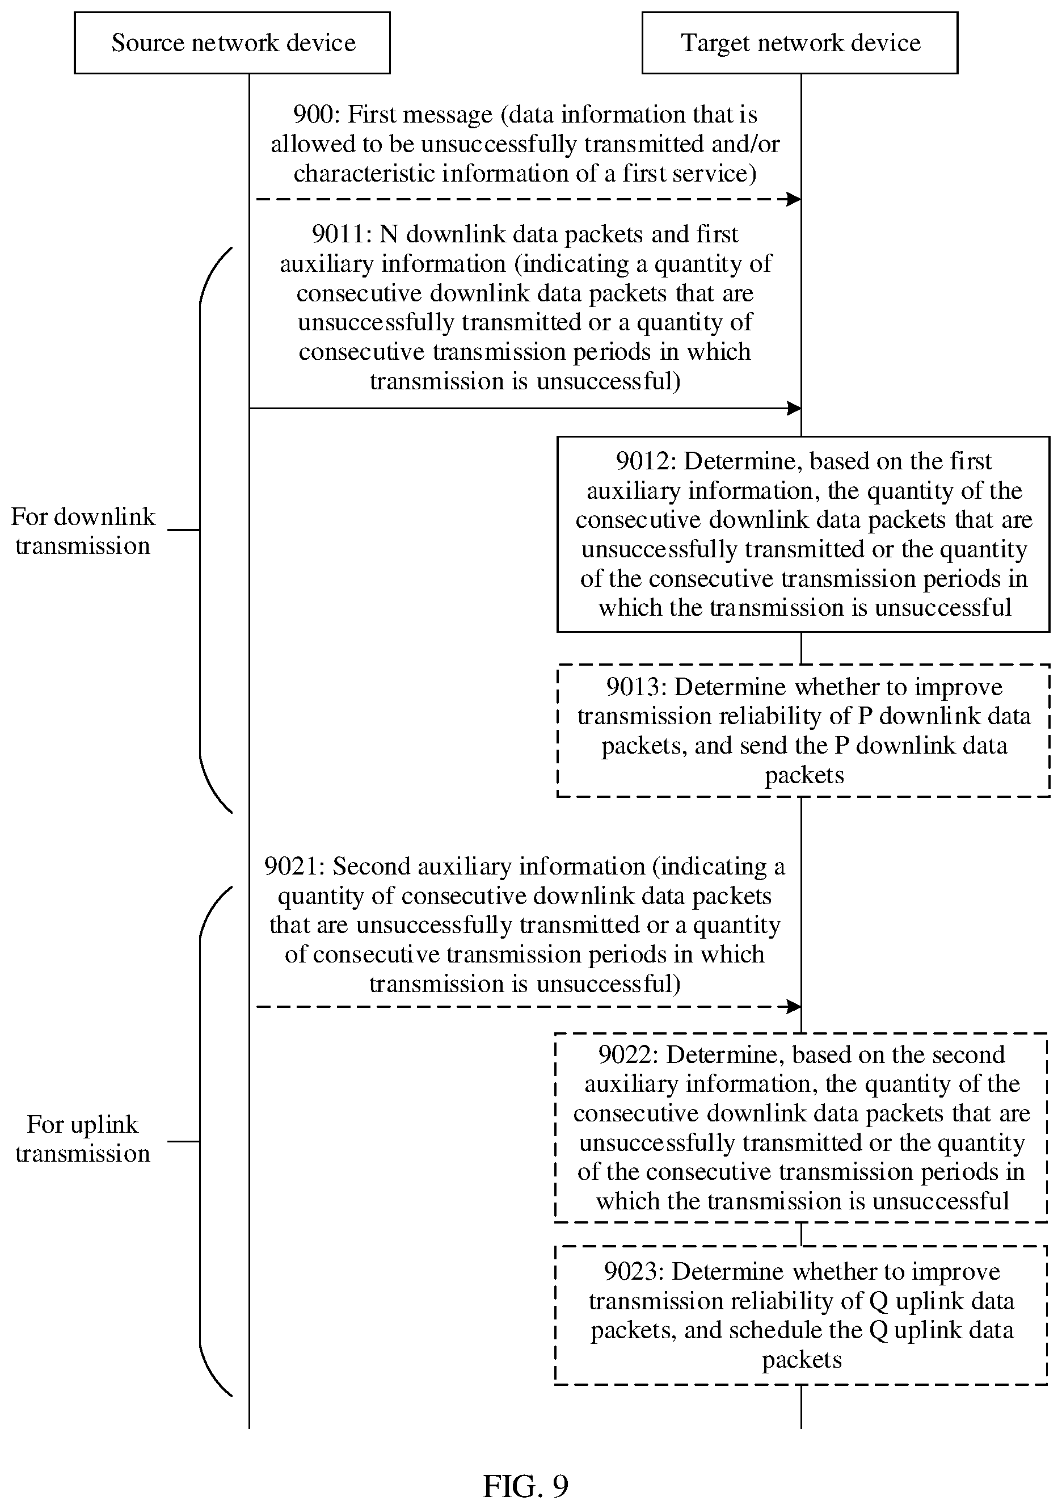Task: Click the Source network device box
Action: click(x=232, y=43)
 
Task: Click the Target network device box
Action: click(x=800, y=43)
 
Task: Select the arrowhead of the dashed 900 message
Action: click(x=794, y=199)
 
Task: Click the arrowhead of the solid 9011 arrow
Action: click(x=794, y=408)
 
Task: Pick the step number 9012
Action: click(x=643, y=461)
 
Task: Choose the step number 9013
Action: click(x=634, y=687)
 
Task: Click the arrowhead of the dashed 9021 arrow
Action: click(x=794, y=1006)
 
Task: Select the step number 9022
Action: click(x=626, y=1055)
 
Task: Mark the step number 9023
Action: click(x=631, y=1272)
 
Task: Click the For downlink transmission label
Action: click(x=83, y=531)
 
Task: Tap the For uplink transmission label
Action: click(x=83, y=1139)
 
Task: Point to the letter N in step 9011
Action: click(x=389, y=234)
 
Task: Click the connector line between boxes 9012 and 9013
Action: click(x=801, y=649)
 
